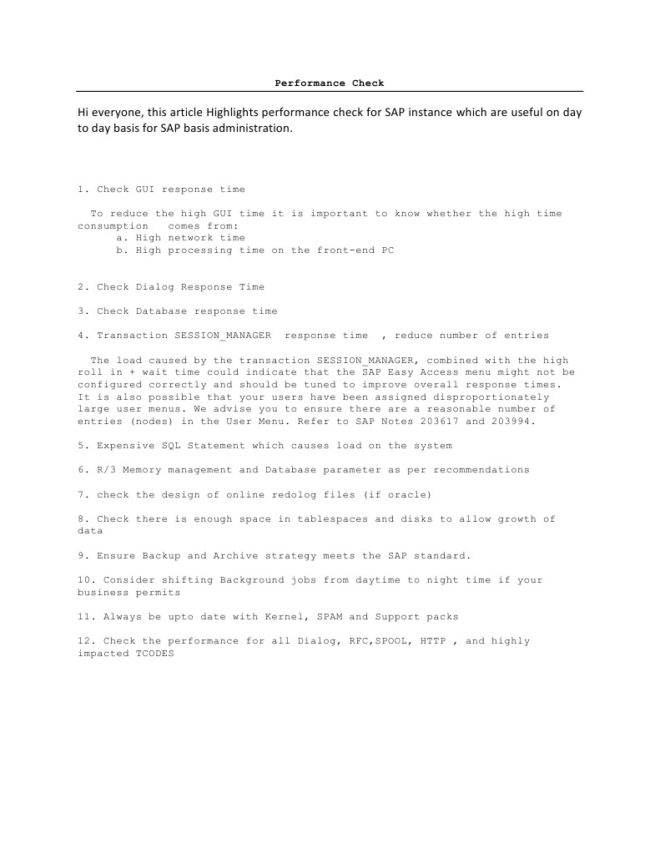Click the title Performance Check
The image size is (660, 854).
(330, 83)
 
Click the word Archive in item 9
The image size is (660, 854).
(239, 556)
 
